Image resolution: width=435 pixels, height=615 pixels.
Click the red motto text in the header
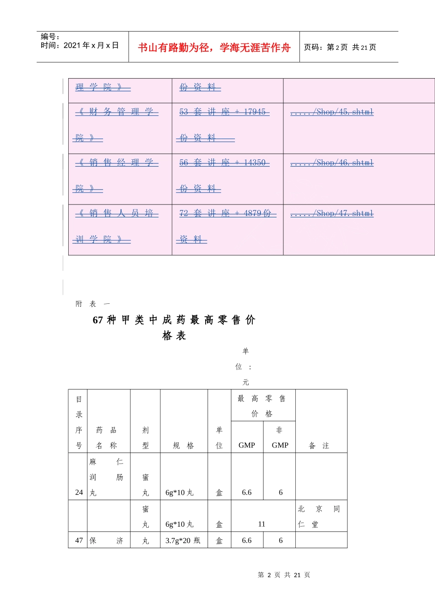click(214, 48)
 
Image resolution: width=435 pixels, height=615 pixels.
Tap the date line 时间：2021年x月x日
click(80, 45)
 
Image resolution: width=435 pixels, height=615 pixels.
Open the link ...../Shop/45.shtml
click(332, 112)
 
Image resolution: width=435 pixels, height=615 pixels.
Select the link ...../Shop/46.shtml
click(332, 162)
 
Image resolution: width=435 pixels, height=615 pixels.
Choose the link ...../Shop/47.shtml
click(332, 213)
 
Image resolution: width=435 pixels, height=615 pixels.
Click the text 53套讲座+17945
click(224, 112)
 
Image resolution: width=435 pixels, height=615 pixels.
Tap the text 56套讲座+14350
click(224, 162)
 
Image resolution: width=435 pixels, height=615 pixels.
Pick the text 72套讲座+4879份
click(228, 213)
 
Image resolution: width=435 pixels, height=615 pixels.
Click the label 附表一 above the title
click(92, 304)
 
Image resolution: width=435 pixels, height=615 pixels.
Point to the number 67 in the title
click(98, 320)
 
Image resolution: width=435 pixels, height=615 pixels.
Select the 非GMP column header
click(280, 437)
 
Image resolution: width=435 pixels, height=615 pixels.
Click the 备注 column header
click(319, 445)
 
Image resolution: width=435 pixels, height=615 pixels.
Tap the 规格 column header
click(183, 445)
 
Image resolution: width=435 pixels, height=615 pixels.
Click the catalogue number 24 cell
click(79, 492)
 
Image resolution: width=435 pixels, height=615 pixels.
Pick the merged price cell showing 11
click(261, 524)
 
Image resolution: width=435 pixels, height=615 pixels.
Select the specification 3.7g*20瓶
click(183, 540)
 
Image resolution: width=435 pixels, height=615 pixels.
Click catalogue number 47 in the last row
click(79, 540)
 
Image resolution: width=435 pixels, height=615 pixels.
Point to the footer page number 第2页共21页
click(284, 575)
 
